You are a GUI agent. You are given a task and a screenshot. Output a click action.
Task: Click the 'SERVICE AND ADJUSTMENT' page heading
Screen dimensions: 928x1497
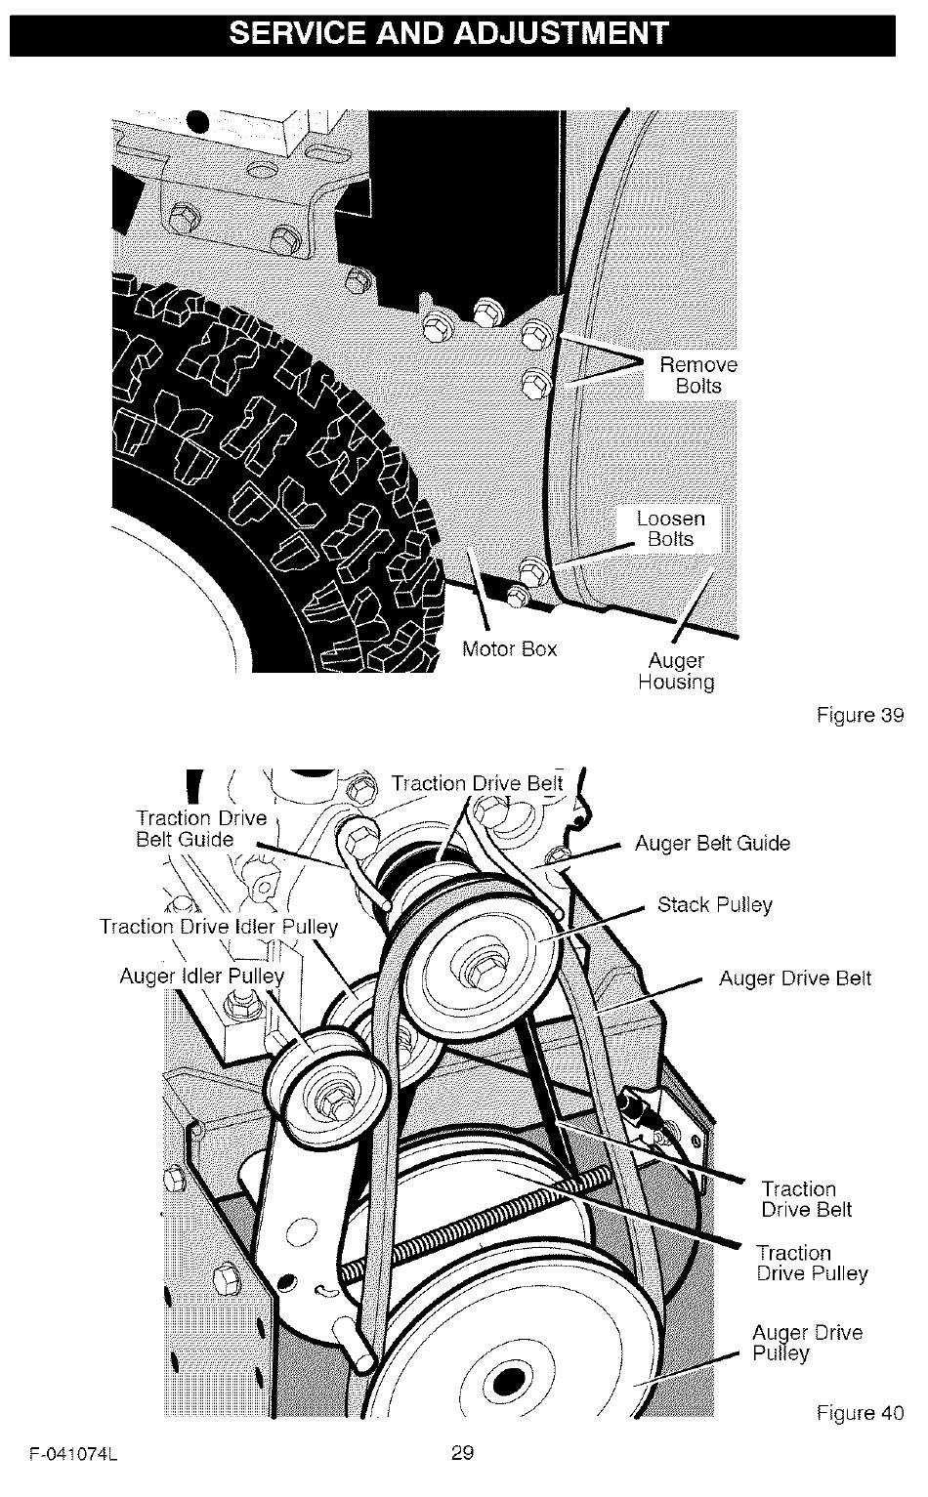coord(448,33)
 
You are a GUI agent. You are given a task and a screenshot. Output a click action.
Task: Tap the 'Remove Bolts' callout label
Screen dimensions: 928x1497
coord(698,375)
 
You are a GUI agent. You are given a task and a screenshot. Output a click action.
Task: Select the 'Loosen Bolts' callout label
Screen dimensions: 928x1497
coord(670,528)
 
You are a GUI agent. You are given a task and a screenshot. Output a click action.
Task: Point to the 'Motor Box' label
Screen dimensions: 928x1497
coord(510,648)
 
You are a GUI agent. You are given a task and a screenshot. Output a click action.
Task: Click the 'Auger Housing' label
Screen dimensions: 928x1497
coord(676,671)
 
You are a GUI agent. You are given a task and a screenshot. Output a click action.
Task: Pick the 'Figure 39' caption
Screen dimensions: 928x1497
coord(860,715)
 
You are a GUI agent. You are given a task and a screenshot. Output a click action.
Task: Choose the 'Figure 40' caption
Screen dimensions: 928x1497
coord(860,1413)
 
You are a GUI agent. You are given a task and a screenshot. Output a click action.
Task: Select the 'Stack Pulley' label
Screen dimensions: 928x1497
coord(715,905)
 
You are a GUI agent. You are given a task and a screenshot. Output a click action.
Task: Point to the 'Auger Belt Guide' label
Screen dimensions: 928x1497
coord(713,844)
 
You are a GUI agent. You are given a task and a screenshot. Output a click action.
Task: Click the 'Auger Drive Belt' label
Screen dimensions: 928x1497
coord(795,978)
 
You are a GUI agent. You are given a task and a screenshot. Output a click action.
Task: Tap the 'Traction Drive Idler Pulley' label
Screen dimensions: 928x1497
coord(219,927)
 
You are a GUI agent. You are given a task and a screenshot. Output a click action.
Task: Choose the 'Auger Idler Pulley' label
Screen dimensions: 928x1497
coord(202,977)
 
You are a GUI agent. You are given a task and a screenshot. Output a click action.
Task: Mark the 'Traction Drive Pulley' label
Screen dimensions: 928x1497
coord(812,1263)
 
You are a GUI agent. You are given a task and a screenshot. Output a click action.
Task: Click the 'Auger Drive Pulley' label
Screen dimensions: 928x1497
coord(807,1343)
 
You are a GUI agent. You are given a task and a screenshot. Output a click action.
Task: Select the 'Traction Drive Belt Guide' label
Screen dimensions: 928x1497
coord(201,829)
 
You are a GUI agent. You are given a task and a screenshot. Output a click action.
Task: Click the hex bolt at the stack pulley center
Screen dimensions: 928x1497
coord(481,969)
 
